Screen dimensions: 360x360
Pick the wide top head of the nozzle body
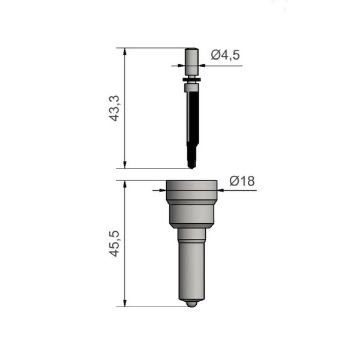coord(191,190)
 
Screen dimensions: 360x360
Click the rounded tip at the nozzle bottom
coord(191,301)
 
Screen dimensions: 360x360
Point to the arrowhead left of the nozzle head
coord(161,187)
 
